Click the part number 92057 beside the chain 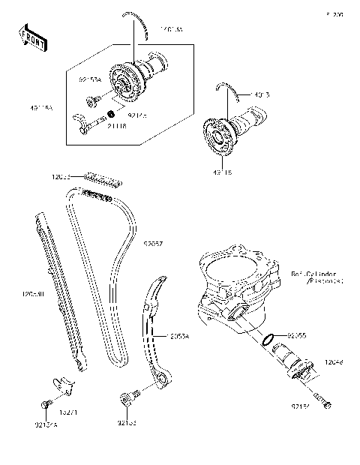[153, 244]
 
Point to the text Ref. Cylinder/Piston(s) [316, 278]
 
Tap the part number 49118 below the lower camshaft [222, 171]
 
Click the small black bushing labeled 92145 [111, 113]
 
